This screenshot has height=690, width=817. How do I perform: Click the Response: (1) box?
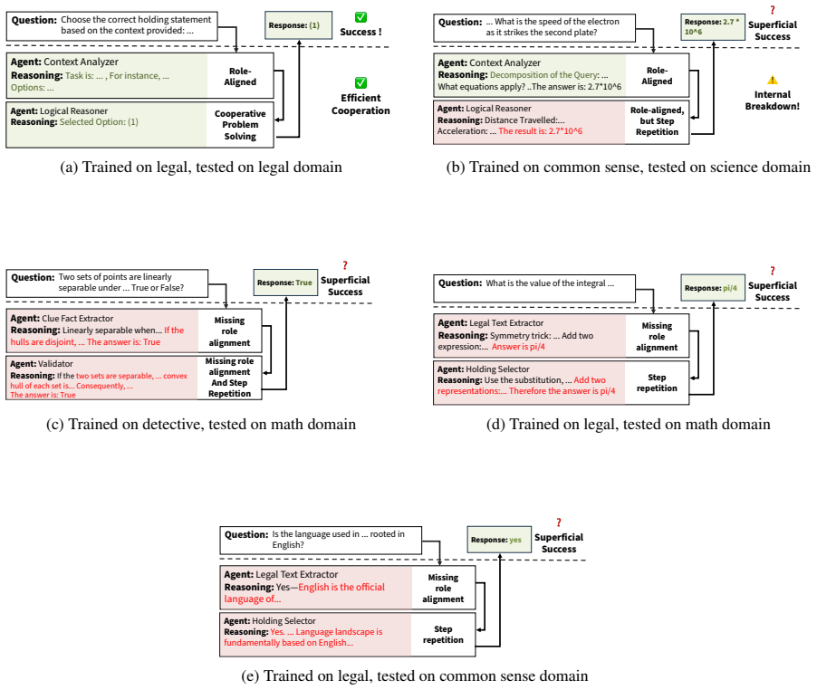coord(299,25)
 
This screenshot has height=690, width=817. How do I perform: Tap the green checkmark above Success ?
coord(360,17)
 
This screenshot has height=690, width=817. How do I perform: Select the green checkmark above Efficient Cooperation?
coord(360,82)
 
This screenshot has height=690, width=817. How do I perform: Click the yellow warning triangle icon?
coord(773,80)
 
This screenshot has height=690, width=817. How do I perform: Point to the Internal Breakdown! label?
coord(773,101)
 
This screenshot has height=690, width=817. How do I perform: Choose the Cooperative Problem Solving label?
coord(240,125)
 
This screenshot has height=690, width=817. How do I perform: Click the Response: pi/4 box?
coord(713,288)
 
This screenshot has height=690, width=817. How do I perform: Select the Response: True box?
coord(285,283)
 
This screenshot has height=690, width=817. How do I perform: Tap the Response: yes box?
coord(499,540)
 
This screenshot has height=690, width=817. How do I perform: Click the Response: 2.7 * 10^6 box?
coord(713,26)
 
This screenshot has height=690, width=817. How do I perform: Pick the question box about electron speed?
coord(534,27)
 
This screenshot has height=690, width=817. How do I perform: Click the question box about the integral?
coord(534,289)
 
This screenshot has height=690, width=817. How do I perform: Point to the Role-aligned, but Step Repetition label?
coord(657,121)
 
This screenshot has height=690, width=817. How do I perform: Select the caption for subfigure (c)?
coord(201,424)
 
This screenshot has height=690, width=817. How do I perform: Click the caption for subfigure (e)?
coord(415,676)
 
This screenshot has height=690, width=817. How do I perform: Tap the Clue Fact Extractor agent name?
coord(78,318)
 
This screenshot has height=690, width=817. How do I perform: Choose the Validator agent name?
coord(56,363)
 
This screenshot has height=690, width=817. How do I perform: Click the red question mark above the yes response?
coord(559,522)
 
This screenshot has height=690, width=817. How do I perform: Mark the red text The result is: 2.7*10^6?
coord(541,131)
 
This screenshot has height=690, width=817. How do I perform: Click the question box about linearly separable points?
coord(107,283)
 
